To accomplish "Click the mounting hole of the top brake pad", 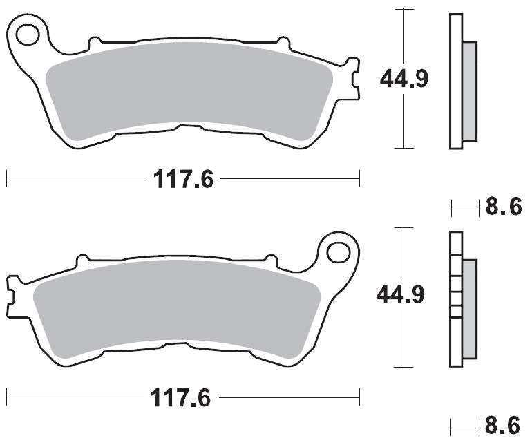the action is (x=28, y=35).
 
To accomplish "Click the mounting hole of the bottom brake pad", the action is (x=339, y=252).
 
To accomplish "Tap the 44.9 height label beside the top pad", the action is (x=403, y=79).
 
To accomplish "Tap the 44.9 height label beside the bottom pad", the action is (x=400, y=294).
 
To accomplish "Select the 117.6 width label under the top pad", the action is (x=184, y=179).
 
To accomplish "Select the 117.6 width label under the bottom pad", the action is (x=181, y=397).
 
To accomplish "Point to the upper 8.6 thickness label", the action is (x=504, y=207).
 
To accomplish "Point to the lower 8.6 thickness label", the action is (x=502, y=425).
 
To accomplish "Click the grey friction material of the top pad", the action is (x=189, y=90).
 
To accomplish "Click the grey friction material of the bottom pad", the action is (x=177, y=308).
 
